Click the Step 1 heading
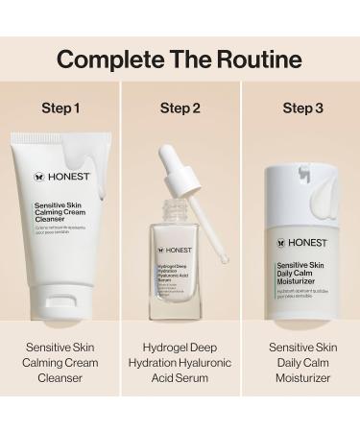60,108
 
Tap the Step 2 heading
180,108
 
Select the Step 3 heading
300,108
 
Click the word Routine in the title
258,60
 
